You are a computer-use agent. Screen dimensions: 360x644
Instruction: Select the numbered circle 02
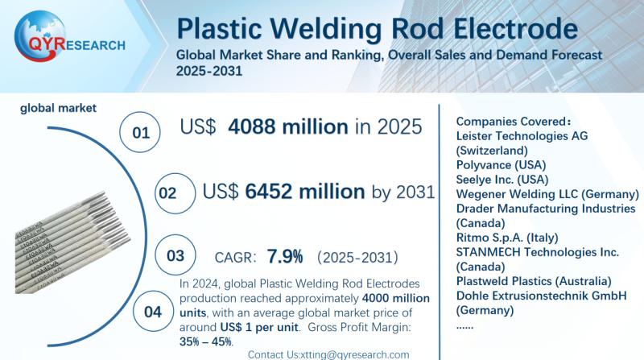click(167, 194)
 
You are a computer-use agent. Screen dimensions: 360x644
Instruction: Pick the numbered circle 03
click(175, 255)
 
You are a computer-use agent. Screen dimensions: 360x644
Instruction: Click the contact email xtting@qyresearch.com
click(328, 354)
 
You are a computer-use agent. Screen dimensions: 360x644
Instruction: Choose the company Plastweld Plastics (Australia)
click(533, 280)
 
